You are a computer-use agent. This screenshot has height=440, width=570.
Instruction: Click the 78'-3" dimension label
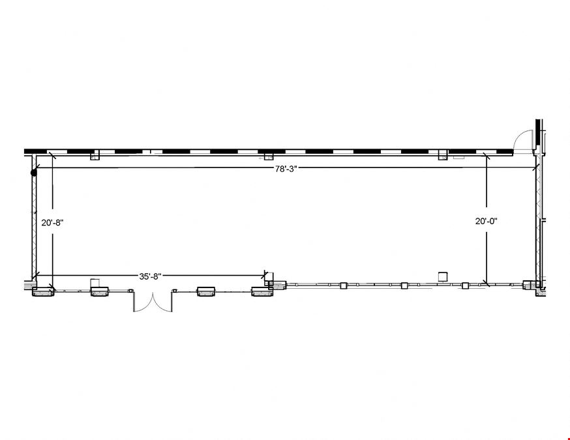tap(286, 169)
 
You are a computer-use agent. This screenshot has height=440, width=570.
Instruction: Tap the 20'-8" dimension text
tap(52, 223)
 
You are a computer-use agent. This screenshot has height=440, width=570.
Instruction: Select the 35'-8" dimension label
tap(150, 277)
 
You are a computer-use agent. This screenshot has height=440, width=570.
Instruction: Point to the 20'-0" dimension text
tap(487, 221)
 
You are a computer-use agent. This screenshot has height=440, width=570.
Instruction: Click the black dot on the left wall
tap(34, 173)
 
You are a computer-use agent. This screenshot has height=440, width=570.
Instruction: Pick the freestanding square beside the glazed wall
tap(442, 276)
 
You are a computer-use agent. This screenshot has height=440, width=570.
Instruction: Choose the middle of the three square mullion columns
tap(404, 286)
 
